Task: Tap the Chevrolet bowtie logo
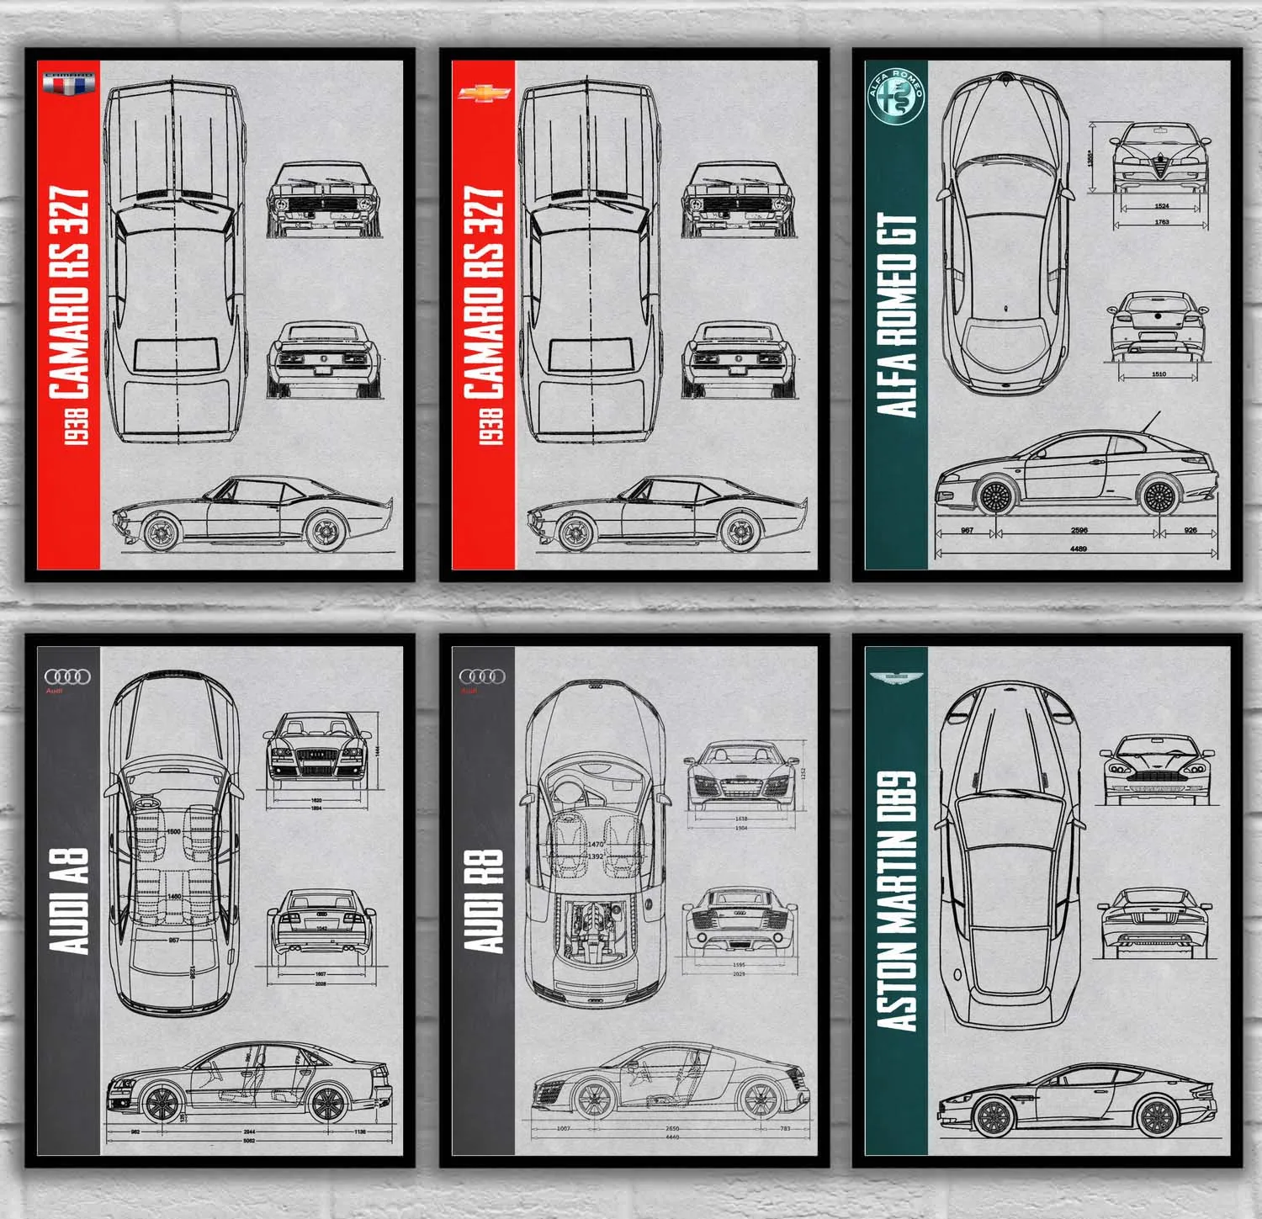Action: [x=485, y=93]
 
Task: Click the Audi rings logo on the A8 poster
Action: [x=68, y=677]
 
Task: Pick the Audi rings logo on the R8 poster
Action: [x=482, y=676]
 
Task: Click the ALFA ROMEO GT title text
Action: [x=897, y=315]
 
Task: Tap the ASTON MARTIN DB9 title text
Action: [x=897, y=900]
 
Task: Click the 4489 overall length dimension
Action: [x=1078, y=549]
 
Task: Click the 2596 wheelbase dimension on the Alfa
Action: [x=1079, y=530]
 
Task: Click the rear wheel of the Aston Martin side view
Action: [x=1155, y=1117]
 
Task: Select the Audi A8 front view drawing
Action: [x=316, y=746]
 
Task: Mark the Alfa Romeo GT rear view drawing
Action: [x=1159, y=326]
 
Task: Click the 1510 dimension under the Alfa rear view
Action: [x=1159, y=374]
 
